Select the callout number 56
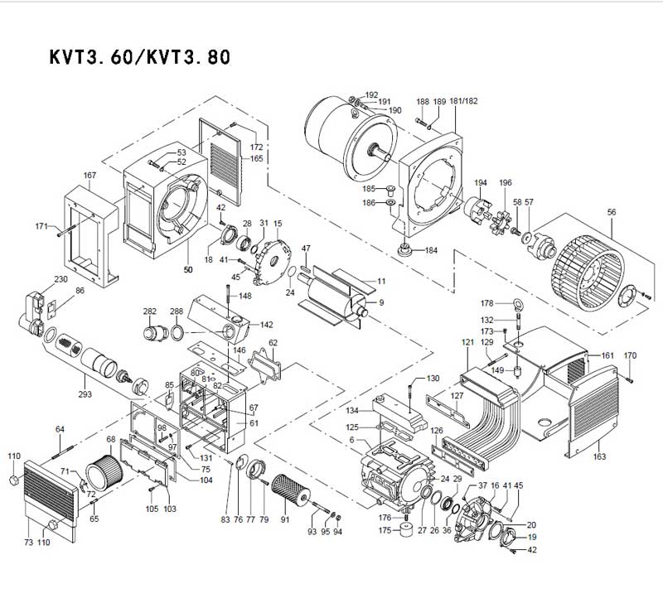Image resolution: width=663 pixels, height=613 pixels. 612,212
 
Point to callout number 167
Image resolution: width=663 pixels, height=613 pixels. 90,176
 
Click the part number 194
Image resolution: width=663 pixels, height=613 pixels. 480,182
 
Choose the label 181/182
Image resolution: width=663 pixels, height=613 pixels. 464,101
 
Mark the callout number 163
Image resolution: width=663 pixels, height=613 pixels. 600,456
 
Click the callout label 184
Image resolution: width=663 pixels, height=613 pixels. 431,250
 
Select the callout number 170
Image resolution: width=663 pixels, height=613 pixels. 630,356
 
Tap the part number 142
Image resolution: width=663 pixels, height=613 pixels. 267,325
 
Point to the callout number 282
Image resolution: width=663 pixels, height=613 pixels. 150,311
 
